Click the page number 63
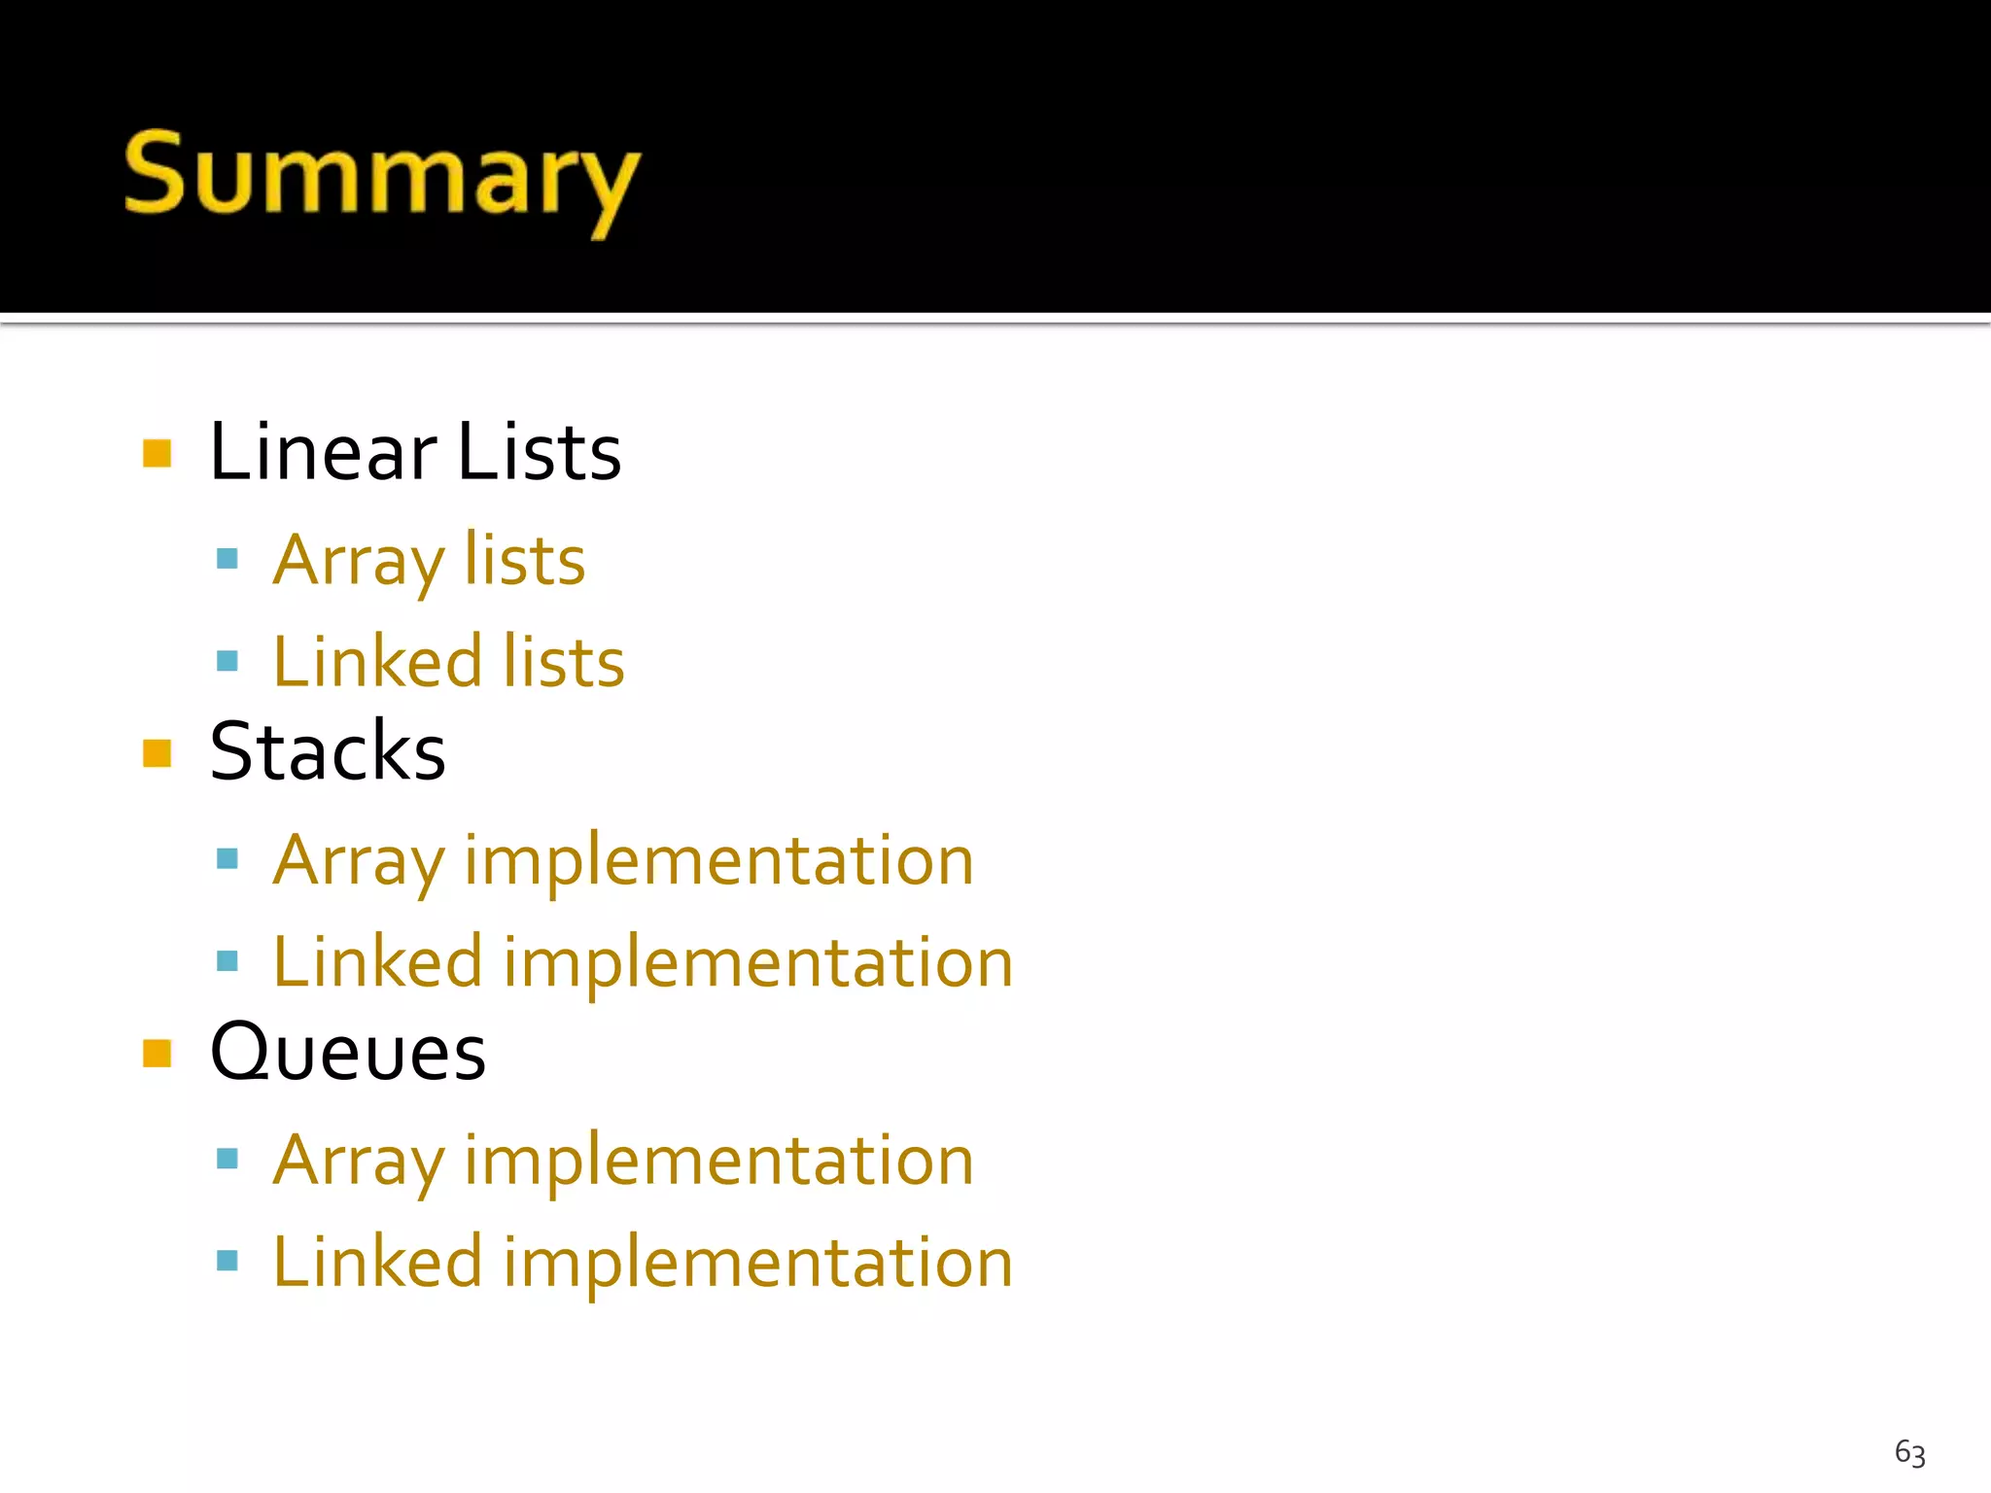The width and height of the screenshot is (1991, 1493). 1909,1453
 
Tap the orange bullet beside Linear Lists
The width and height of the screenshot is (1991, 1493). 157,453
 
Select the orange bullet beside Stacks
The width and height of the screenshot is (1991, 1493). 157,753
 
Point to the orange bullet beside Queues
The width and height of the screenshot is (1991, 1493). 157,1053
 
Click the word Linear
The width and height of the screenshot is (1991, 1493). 323,452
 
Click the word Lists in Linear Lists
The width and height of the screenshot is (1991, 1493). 539,452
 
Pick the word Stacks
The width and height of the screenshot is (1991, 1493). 328,751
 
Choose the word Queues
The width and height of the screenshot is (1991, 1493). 347,1053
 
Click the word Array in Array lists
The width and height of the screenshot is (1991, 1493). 359,562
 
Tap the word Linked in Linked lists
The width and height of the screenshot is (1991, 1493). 377,662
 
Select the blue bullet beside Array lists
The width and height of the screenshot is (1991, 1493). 227,558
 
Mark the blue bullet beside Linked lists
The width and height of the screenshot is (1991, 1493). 227,662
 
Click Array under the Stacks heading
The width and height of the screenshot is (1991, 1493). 359,862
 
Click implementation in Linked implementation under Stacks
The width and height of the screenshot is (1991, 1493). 758,963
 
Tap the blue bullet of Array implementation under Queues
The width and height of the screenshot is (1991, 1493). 227,1158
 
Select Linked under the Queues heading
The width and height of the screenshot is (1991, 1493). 377,1262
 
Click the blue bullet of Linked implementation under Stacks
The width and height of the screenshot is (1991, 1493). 227,961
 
